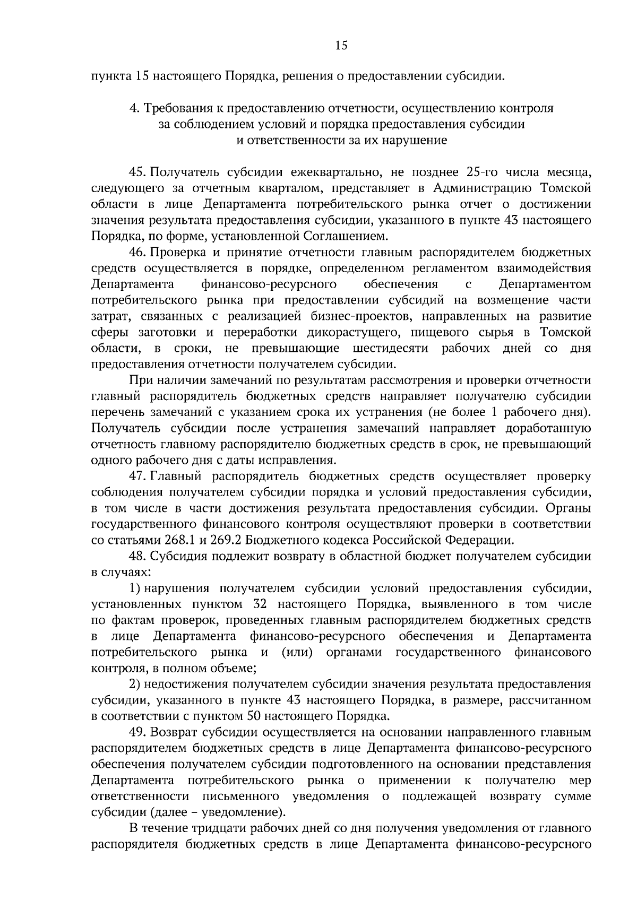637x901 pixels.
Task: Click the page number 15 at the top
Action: point(341,46)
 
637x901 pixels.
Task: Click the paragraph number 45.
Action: point(137,172)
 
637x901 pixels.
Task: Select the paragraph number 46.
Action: point(137,253)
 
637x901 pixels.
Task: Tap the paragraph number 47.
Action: point(137,477)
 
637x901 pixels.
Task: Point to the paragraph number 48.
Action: point(137,557)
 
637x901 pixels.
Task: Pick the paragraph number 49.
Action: point(137,732)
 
